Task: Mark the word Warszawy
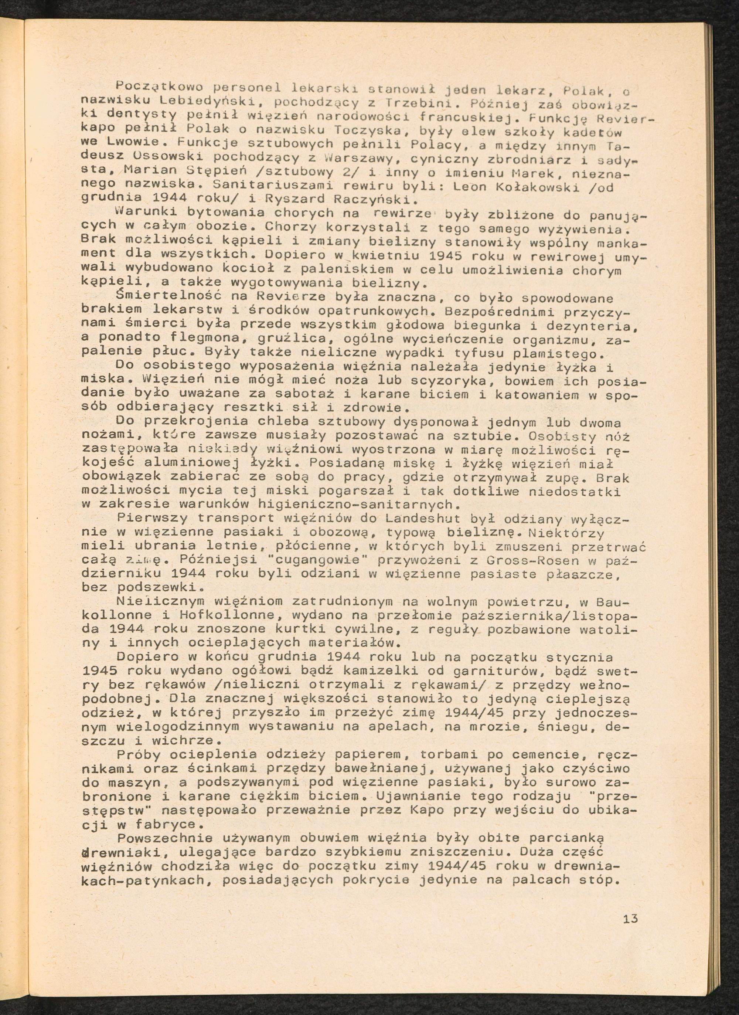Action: (x=359, y=159)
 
